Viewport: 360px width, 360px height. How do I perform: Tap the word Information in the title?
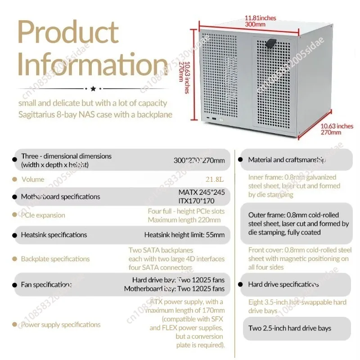point(92,64)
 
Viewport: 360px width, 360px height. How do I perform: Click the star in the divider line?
point(93,89)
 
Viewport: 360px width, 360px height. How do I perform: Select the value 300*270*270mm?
point(199,160)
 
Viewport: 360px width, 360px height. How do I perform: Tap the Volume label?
point(33,180)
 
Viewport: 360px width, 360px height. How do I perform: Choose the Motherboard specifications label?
point(60,197)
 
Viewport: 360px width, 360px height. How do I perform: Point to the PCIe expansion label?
point(43,215)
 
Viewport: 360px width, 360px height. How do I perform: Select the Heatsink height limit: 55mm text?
point(184,235)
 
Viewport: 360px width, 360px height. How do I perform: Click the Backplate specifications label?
point(55,259)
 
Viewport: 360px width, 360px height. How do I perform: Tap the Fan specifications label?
point(46,284)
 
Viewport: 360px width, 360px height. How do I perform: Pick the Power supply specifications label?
point(60,324)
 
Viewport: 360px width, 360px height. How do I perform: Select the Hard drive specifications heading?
point(283,284)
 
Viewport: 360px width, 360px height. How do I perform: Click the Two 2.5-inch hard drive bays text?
point(289,328)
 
